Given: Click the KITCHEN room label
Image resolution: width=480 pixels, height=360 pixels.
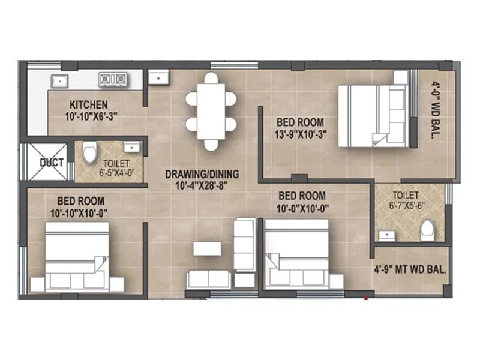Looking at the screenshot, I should click(88, 104).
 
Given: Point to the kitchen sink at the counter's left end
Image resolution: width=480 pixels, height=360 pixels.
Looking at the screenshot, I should click(60, 80).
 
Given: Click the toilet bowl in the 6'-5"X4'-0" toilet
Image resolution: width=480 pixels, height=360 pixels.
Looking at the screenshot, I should click(90, 152).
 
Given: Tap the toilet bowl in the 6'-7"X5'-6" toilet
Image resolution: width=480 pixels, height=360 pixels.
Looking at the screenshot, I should click(427, 230).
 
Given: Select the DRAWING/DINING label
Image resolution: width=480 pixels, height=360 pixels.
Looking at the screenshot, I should click(202, 175).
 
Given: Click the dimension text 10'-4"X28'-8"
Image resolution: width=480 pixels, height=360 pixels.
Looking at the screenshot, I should click(202, 187).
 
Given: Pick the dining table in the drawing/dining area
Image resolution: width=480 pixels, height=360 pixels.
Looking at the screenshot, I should click(210, 111).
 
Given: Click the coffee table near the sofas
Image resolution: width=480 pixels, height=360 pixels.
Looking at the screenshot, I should click(206, 248).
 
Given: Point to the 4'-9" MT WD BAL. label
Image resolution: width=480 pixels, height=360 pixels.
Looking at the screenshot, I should click(410, 270).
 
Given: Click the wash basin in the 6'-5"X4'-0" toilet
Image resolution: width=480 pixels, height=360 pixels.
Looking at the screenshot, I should click(131, 147).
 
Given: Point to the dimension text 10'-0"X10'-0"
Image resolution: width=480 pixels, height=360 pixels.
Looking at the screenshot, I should click(302, 208).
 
